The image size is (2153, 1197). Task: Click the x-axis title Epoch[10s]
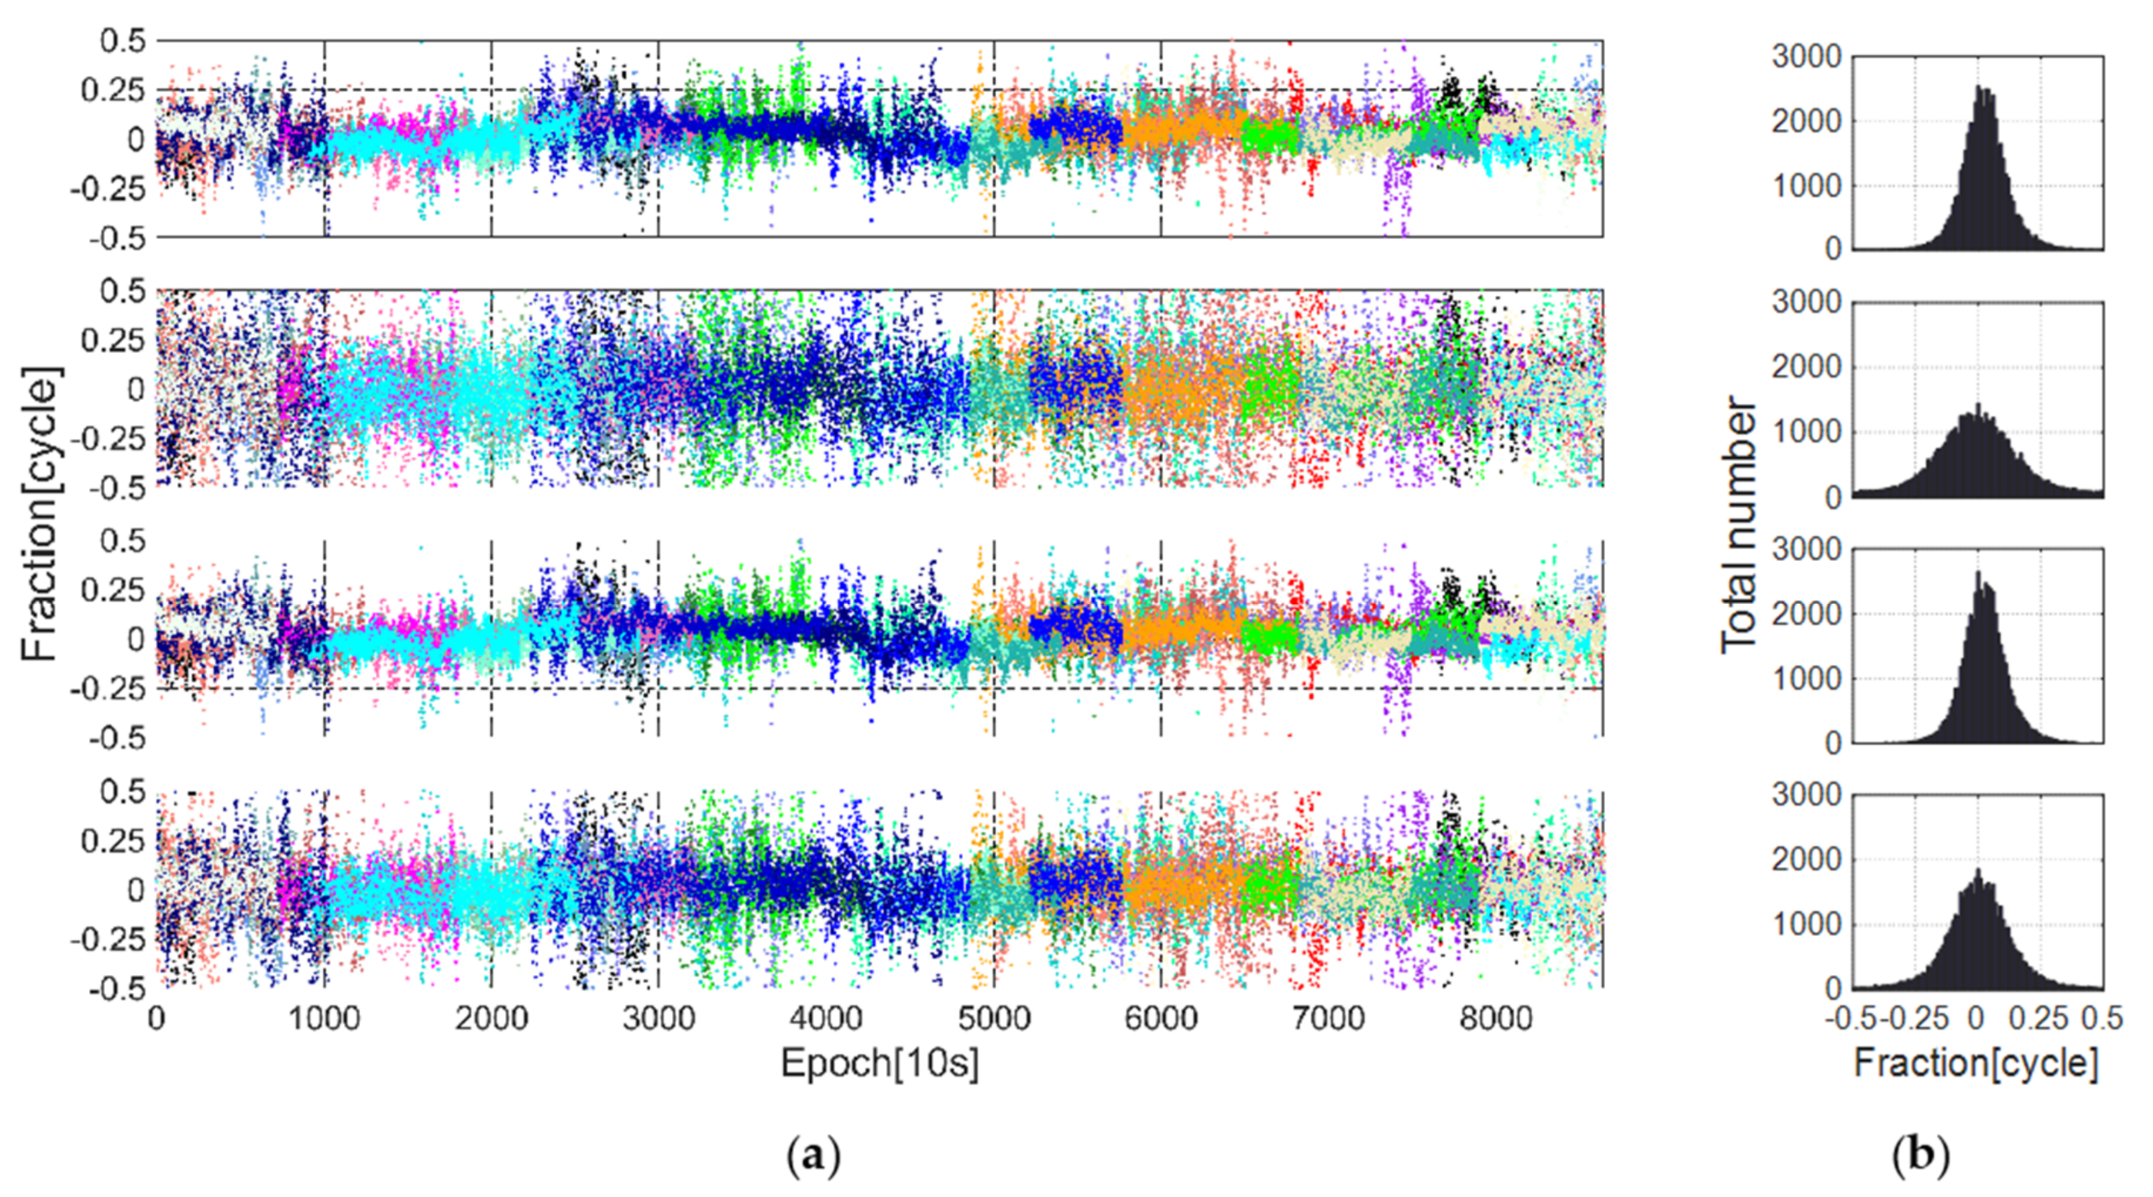coord(879,1064)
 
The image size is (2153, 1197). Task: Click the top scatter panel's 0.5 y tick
coord(123,40)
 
